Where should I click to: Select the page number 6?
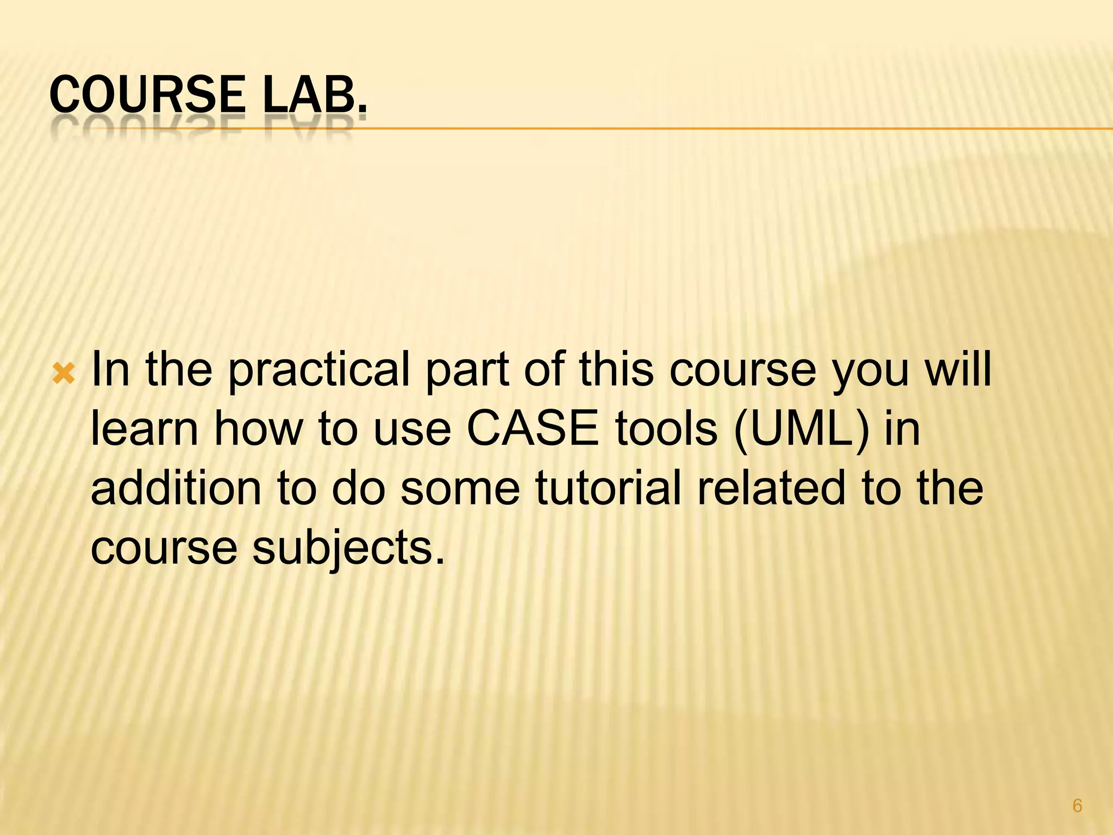tap(1077, 805)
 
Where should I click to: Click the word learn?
tap(145, 429)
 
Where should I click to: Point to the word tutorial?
tap(608, 488)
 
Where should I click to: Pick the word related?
tap(772, 488)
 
